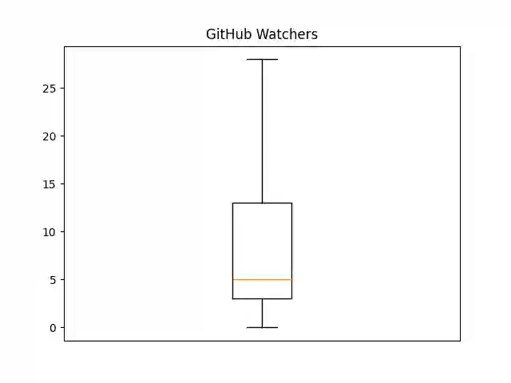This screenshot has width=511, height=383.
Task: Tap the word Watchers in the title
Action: point(286,34)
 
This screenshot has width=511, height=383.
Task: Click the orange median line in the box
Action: point(262,279)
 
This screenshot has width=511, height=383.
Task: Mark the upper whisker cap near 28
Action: point(262,59)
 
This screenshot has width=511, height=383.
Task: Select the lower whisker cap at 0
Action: point(262,327)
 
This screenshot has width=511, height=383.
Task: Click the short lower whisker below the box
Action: point(262,313)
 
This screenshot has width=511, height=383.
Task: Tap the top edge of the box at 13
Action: point(262,203)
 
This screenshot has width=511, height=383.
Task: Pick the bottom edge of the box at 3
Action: point(262,298)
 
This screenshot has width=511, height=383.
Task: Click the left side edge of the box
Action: point(232,247)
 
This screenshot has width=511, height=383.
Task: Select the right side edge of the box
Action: point(291,247)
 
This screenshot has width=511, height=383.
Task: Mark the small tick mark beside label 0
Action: point(62,327)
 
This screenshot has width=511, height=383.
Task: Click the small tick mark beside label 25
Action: point(62,88)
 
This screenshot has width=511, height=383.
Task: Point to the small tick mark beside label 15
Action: point(62,184)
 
